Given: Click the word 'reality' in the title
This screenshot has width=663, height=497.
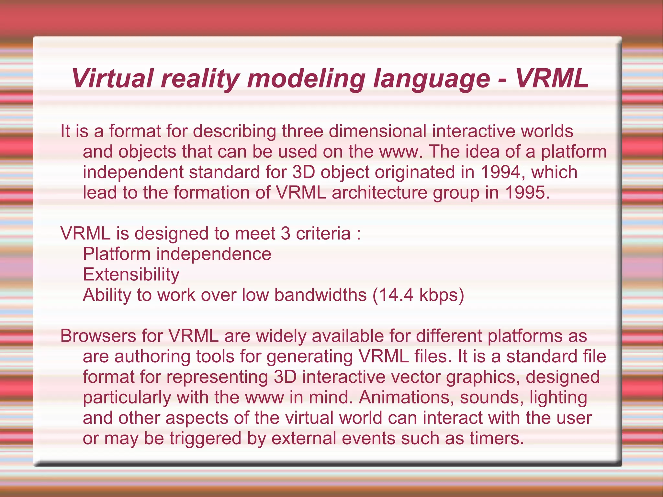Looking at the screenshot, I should (x=200, y=79).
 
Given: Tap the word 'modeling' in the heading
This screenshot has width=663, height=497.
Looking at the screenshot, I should (x=306, y=79).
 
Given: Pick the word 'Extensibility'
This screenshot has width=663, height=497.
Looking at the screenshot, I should (x=131, y=275).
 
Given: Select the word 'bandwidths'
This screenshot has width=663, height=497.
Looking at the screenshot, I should (x=320, y=295).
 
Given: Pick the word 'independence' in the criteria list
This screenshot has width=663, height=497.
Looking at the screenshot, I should (x=214, y=254).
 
